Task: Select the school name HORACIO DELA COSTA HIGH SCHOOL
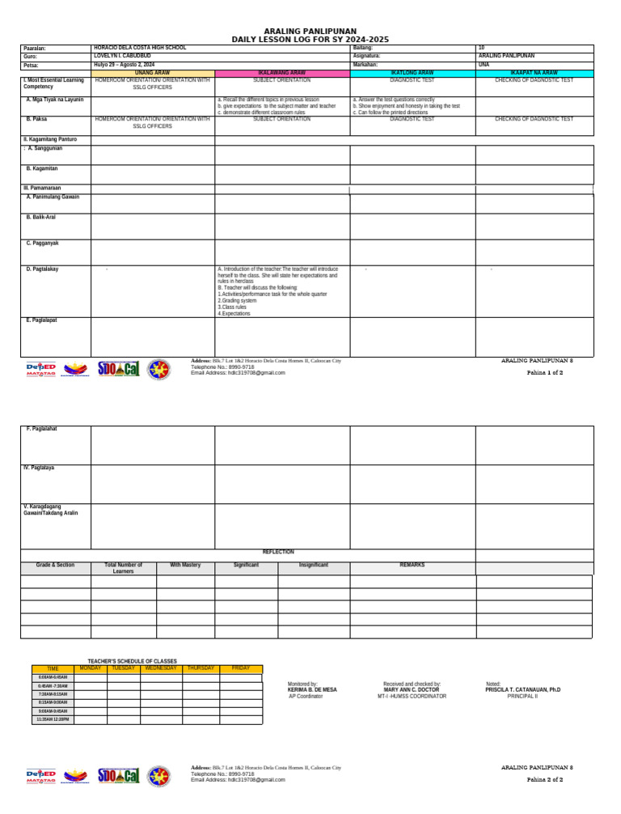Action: (140, 48)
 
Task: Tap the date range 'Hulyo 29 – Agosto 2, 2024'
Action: (124, 64)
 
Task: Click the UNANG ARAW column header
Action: (152, 73)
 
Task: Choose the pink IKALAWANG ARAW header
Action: (281, 73)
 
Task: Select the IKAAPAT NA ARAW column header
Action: (534, 73)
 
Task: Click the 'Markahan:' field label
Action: (365, 64)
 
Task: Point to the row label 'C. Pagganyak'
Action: (42, 243)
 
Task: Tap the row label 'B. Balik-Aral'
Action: (40, 218)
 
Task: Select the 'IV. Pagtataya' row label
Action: (39, 468)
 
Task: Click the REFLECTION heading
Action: (278, 552)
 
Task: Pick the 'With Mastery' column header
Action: (185, 565)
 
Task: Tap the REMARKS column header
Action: (412, 565)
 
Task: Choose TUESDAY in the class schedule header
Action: (123, 668)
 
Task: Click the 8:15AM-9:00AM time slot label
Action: (53, 702)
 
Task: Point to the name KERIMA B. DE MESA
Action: (312, 689)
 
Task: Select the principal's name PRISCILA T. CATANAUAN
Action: (522, 689)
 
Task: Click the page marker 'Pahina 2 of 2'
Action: (544, 780)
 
